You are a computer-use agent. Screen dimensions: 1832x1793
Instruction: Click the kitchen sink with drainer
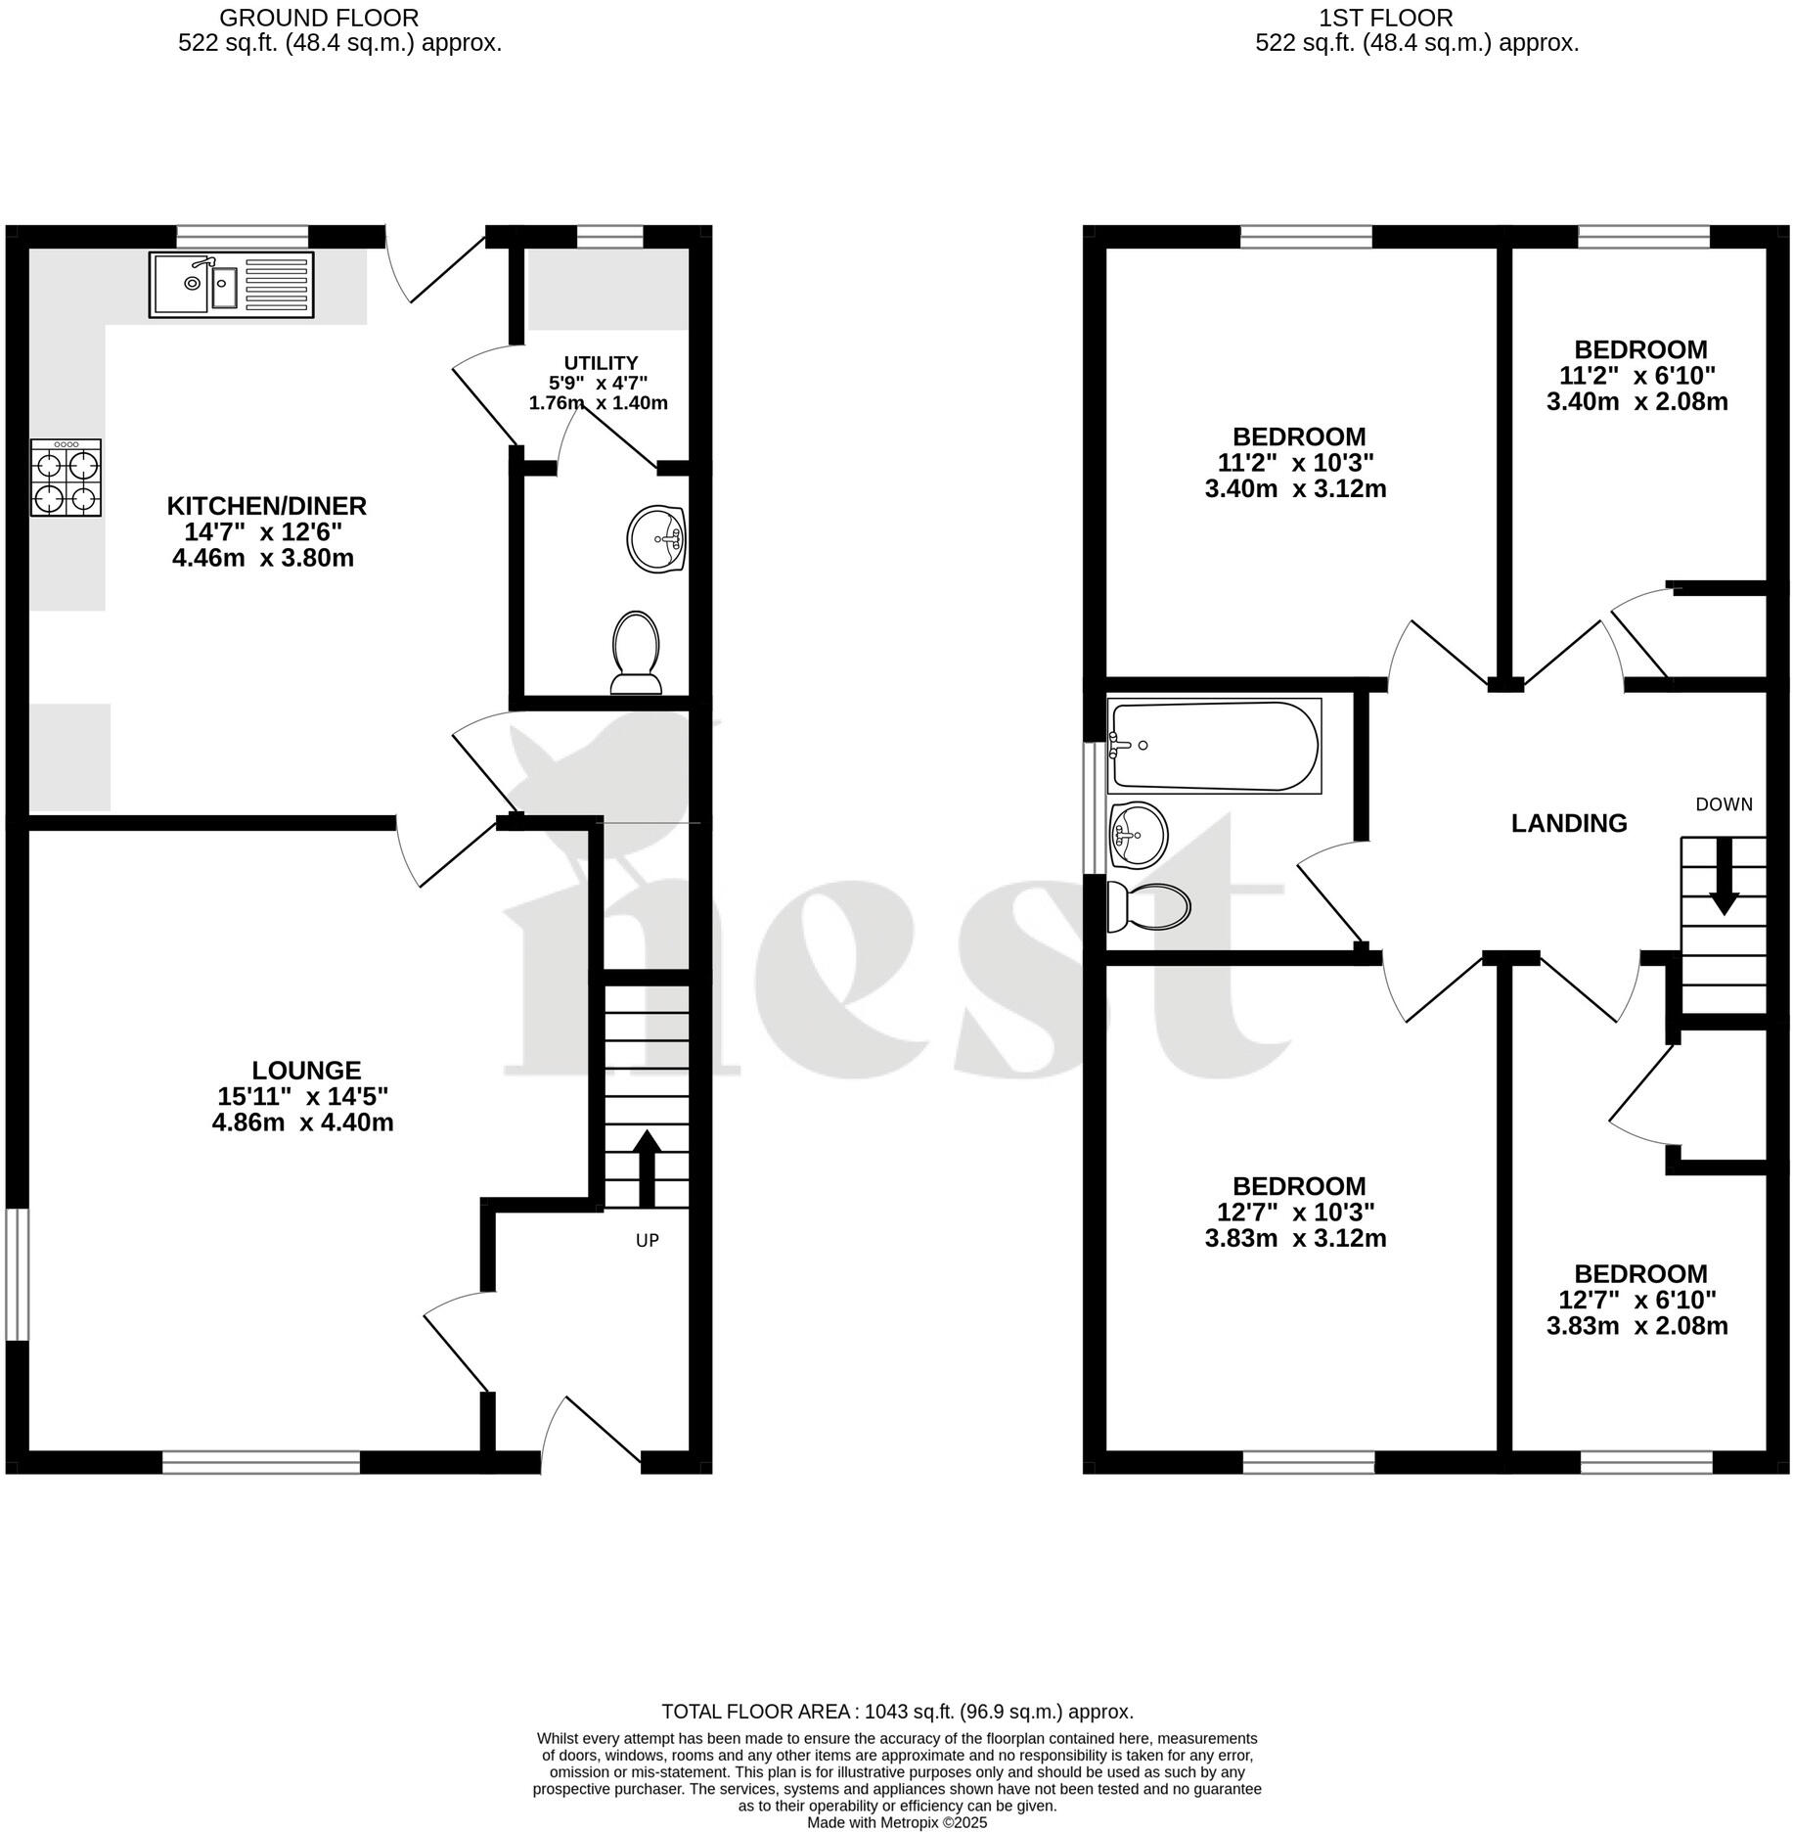232,285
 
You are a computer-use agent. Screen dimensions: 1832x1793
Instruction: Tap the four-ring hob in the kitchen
67,478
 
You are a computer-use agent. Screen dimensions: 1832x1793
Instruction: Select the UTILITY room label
601,363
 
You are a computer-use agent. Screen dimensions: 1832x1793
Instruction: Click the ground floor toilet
636,653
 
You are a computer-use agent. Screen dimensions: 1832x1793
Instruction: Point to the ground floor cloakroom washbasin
656,539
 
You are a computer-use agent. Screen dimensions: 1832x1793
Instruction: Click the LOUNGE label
306,1071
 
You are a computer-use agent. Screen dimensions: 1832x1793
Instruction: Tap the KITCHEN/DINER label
266,506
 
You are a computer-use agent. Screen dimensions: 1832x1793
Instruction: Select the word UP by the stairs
647,1241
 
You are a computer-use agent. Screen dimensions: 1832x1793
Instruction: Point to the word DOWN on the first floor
1724,804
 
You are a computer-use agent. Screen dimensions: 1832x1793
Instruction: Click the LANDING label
1569,824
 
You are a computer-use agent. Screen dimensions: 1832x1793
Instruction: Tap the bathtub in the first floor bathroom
1213,746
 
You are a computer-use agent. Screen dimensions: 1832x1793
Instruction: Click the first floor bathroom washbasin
1138,835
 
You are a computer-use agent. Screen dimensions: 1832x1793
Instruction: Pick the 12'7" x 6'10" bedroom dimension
1636,1301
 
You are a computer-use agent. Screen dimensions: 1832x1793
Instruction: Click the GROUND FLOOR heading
319,18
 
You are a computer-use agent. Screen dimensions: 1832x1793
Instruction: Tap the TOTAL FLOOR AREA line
897,1712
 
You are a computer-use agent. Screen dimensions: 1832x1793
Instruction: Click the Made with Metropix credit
896,1823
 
